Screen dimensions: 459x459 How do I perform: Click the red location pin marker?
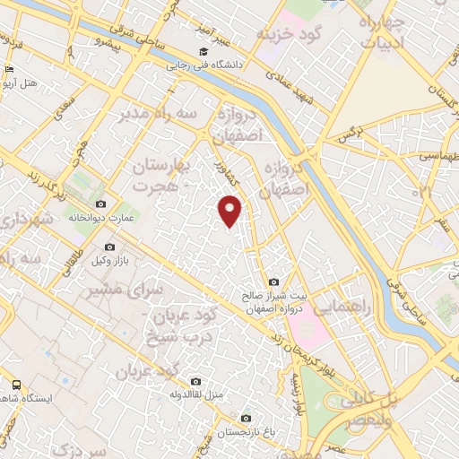[x=230, y=209]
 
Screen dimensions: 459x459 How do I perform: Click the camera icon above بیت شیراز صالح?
[x=273, y=282]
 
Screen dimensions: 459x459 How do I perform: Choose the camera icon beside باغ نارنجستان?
[x=247, y=417]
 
